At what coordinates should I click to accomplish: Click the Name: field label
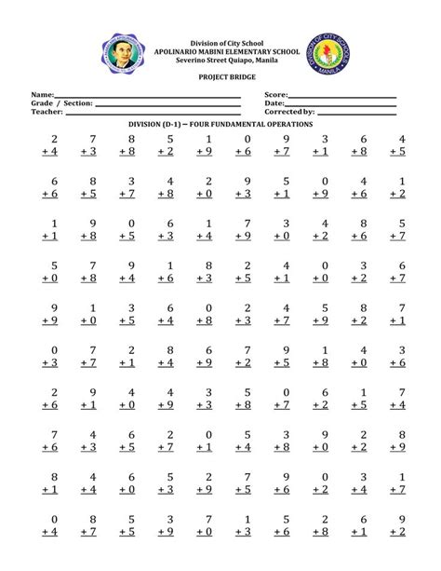click(x=43, y=95)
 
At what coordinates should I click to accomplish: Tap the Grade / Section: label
click(x=62, y=103)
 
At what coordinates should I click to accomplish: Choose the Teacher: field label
click(x=47, y=112)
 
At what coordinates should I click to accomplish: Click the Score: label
click(x=276, y=95)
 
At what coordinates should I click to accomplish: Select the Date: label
click(x=274, y=103)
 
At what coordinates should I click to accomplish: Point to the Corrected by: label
click(x=289, y=112)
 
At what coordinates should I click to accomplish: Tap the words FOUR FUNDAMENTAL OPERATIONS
click(x=255, y=124)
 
